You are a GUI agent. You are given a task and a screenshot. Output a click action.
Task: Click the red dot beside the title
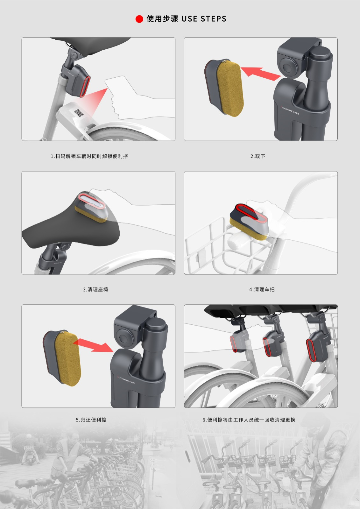139,19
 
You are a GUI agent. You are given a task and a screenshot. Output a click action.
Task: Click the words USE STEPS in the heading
204,19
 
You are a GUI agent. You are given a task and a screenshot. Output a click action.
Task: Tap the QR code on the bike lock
79,113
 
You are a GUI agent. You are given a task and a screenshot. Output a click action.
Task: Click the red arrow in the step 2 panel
261,73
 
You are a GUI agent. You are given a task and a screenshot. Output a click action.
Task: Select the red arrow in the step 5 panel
93,345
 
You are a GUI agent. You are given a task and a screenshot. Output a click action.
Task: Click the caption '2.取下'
258,156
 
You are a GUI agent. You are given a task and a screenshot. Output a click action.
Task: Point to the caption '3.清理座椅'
95,289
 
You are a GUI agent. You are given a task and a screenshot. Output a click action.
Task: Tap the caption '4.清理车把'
262,289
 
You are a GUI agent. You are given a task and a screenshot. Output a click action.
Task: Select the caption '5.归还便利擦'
91,419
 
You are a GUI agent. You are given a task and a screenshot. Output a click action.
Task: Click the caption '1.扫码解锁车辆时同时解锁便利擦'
89,156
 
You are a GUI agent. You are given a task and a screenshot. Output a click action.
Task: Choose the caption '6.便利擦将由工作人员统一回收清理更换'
249,419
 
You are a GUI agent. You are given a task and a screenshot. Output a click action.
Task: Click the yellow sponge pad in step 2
230,89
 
